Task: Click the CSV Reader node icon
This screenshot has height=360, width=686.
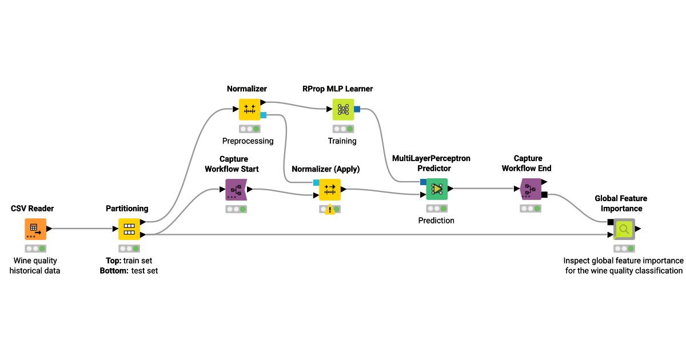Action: point(35,229)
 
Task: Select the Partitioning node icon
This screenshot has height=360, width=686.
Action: point(129,229)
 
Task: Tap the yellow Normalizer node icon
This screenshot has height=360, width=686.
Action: point(250,109)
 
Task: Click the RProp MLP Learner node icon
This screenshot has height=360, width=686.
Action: point(343,109)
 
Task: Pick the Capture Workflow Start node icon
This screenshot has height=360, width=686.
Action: point(236,189)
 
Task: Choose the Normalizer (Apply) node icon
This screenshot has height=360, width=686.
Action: point(330,189)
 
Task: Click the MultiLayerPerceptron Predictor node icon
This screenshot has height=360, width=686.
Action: point(437,189)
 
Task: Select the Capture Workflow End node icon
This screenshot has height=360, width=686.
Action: point(531,189)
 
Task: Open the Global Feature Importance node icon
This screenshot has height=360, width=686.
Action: point(624,229)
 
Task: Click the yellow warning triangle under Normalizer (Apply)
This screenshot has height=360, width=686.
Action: point(330,210)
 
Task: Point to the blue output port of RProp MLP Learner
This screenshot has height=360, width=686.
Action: point(357,109)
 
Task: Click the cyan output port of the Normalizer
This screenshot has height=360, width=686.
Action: point(264,115)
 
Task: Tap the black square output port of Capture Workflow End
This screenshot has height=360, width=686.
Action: point(544,195)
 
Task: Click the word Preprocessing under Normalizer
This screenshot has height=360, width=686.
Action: point(248,141)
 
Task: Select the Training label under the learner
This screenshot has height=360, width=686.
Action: point(342,141)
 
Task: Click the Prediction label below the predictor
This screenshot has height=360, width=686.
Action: point(436,220)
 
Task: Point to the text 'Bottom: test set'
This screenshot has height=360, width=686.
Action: point(129,270)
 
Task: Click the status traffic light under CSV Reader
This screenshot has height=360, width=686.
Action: point(35,249)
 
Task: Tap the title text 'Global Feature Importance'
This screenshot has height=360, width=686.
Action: point(621,203)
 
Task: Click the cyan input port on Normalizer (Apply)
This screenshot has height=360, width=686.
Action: point(316,182)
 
